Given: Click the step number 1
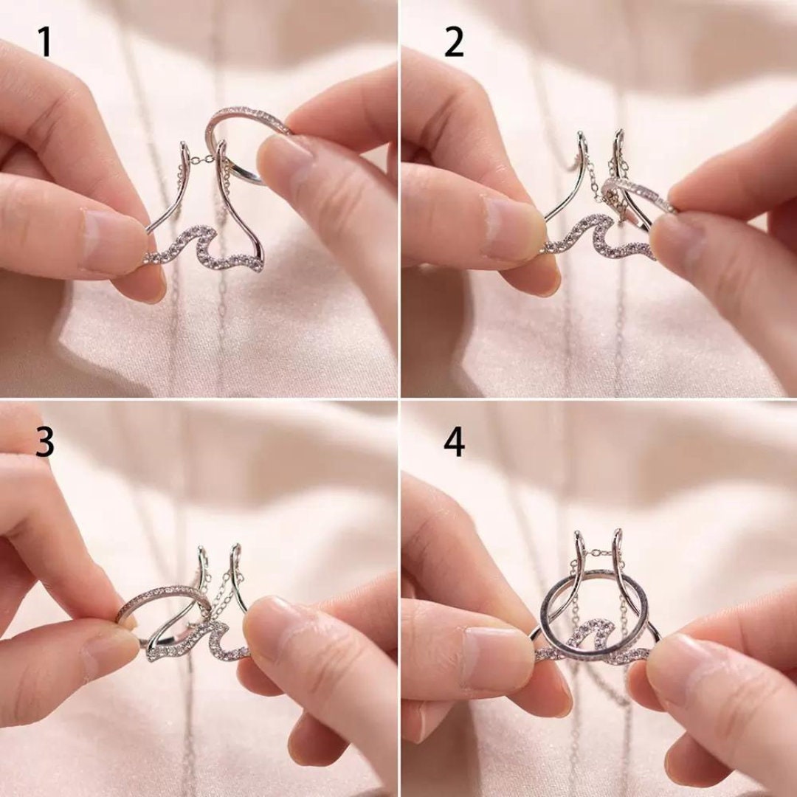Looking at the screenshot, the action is (45, 42).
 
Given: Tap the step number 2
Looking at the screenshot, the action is (454, 42).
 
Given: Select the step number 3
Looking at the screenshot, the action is (45, 442).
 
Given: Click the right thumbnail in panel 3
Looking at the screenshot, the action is (270, 625).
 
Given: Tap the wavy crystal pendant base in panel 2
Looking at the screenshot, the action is (600, 235).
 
